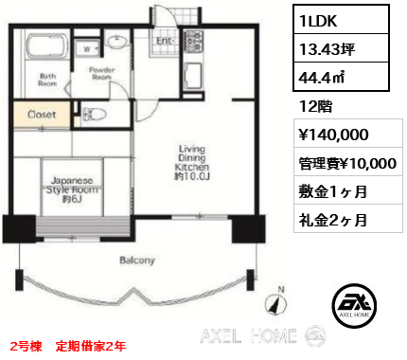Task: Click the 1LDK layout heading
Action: [319, 21]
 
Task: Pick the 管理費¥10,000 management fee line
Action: [345, 163]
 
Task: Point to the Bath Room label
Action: [48, 80]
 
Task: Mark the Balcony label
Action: [138, 259]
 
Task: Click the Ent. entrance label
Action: [163, 41]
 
